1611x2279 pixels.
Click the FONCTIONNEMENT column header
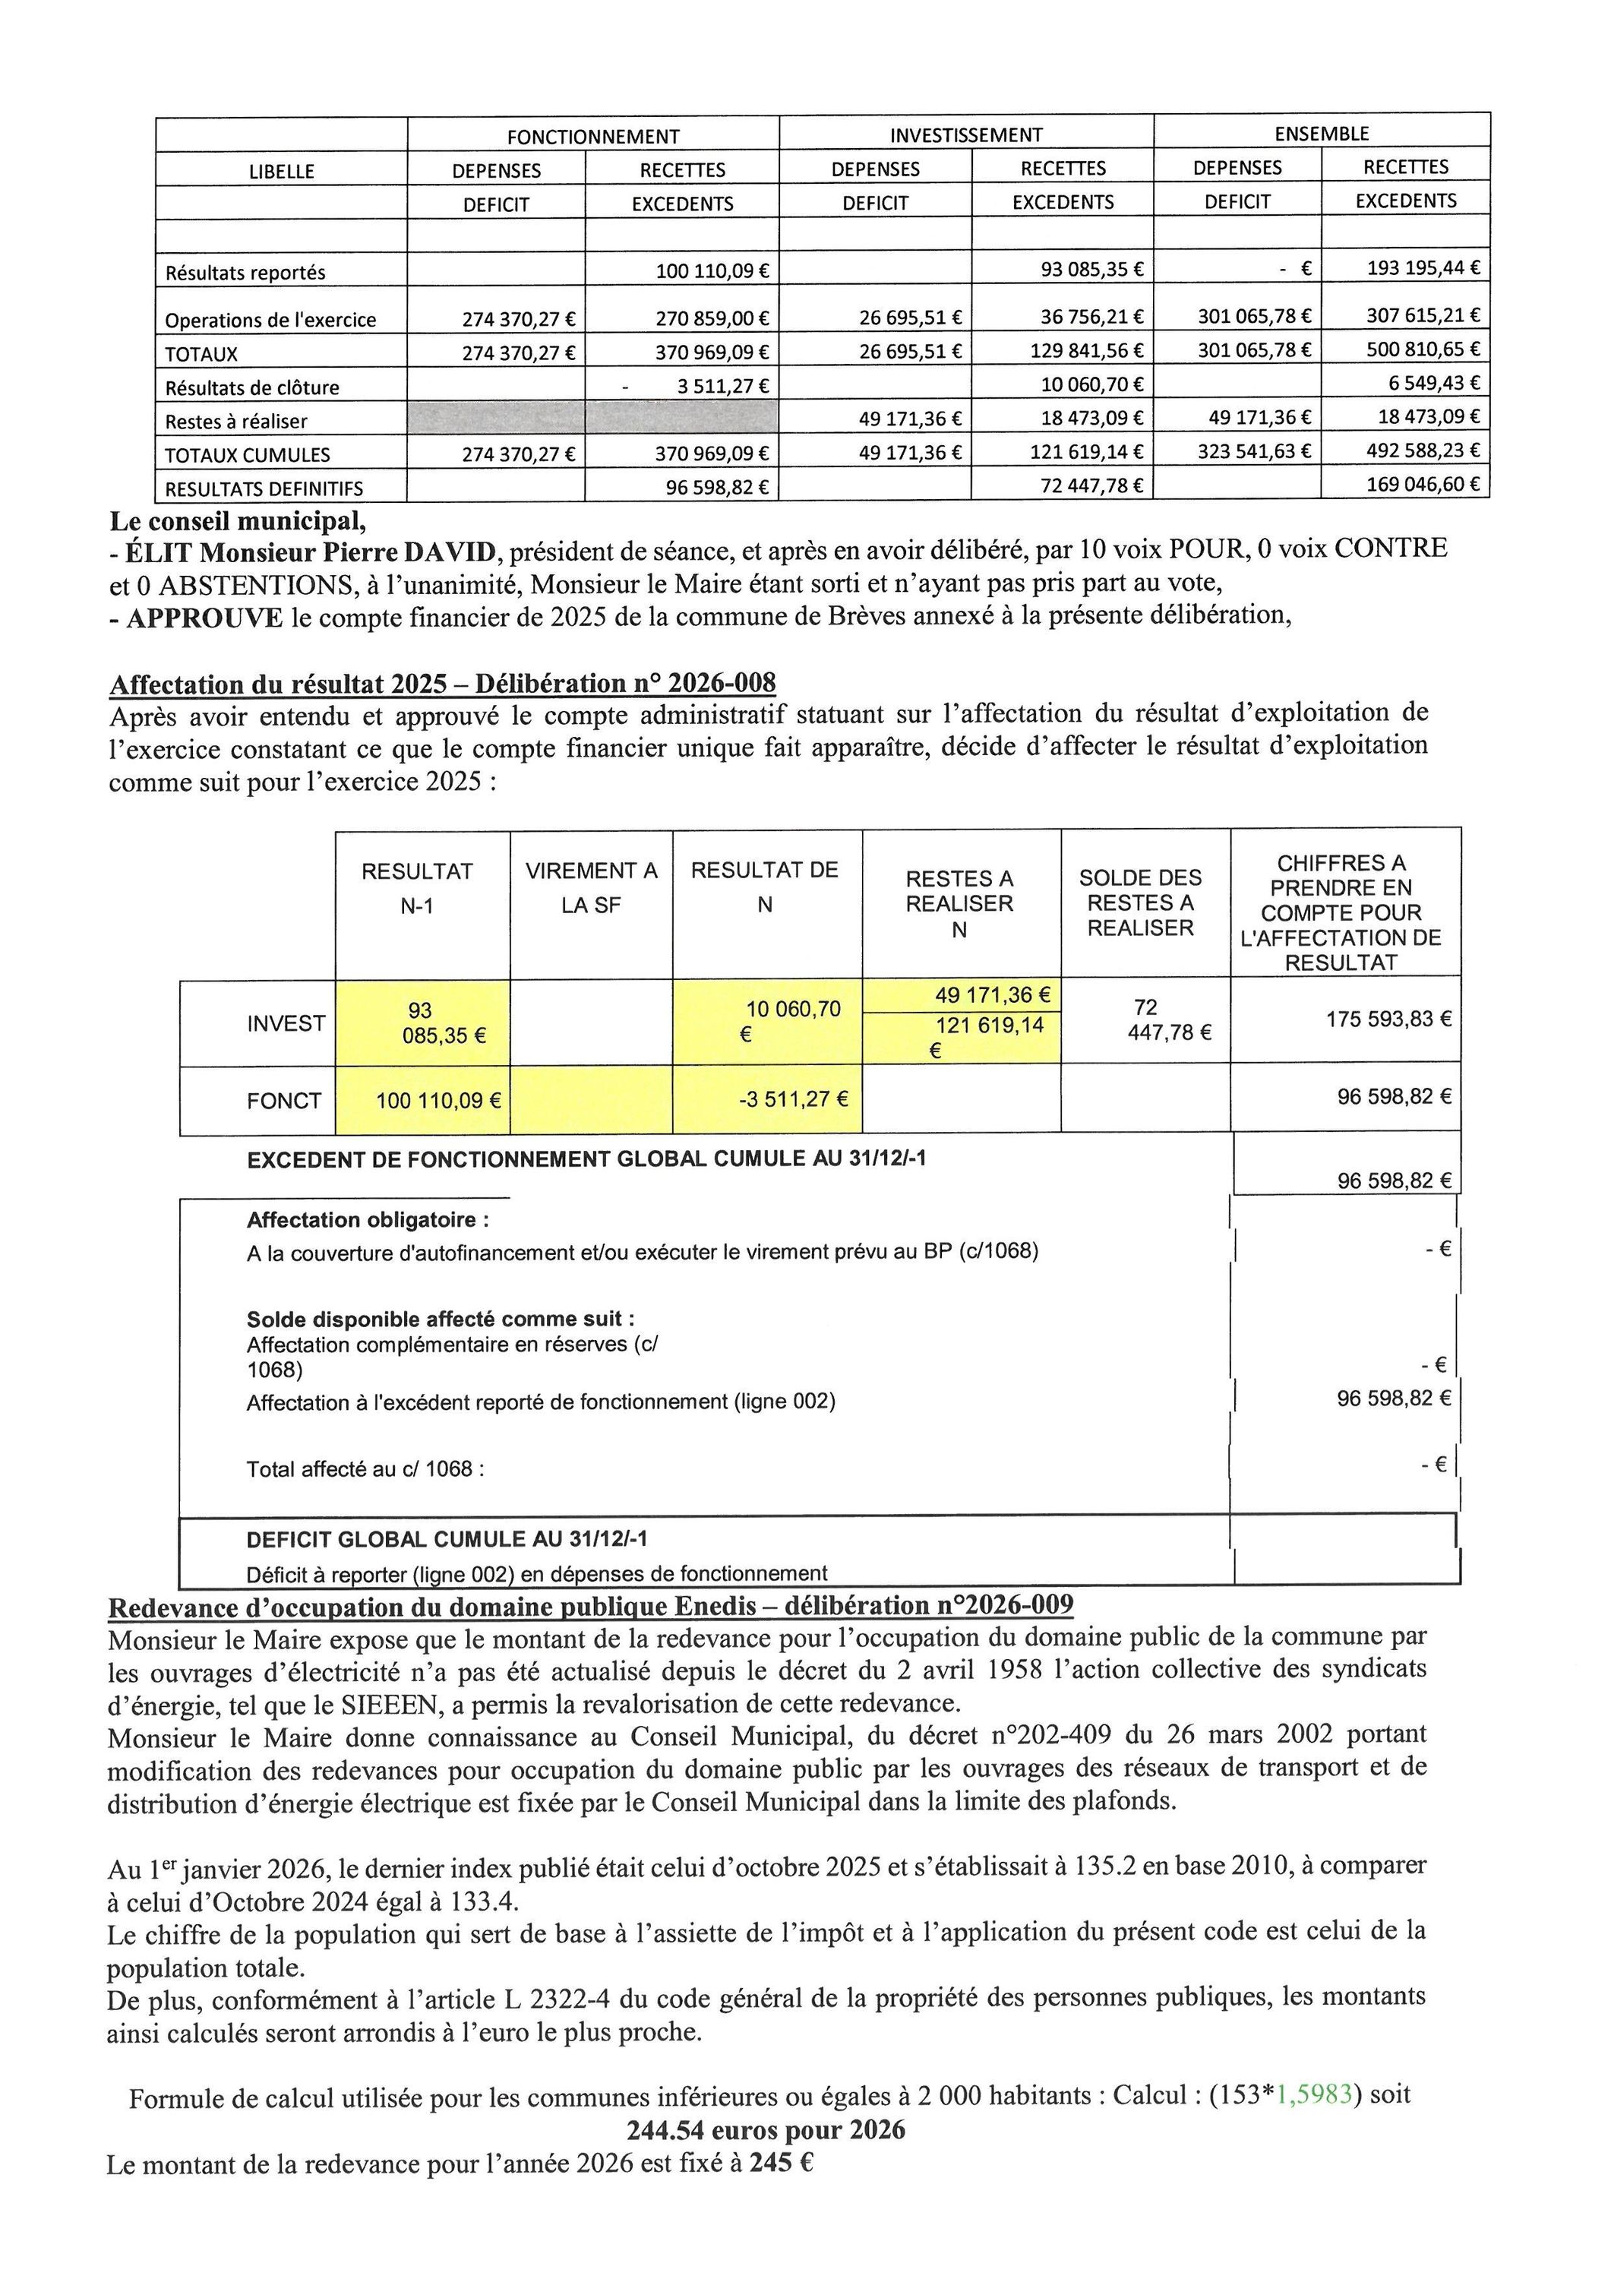coord(592,137)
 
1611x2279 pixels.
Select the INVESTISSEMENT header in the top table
coord(966,135)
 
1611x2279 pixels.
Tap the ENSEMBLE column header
coord(1321,133)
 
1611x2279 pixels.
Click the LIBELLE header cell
coord(281,171)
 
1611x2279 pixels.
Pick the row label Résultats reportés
coord(245,272)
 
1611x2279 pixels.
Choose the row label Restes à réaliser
coord(236,421)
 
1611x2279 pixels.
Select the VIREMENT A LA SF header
coord(591,888)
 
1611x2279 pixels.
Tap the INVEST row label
coord(286,1023)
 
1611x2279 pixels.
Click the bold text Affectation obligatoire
coord(368,1220)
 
